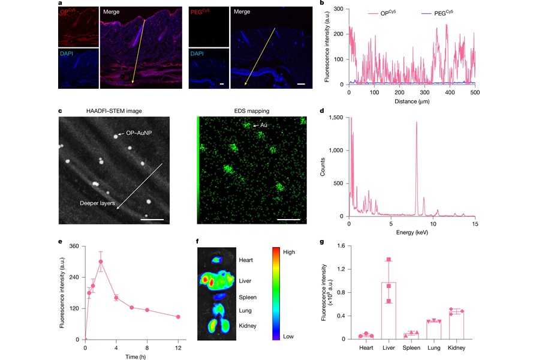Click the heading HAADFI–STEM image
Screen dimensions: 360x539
(x=113, y=111)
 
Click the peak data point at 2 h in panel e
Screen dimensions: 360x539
(x=101, y=262)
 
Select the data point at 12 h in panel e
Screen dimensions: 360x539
(x=178, y=317)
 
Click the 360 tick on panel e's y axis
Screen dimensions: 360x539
(x=74, y=246)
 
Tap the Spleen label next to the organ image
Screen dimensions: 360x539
(x=248, y=296)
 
